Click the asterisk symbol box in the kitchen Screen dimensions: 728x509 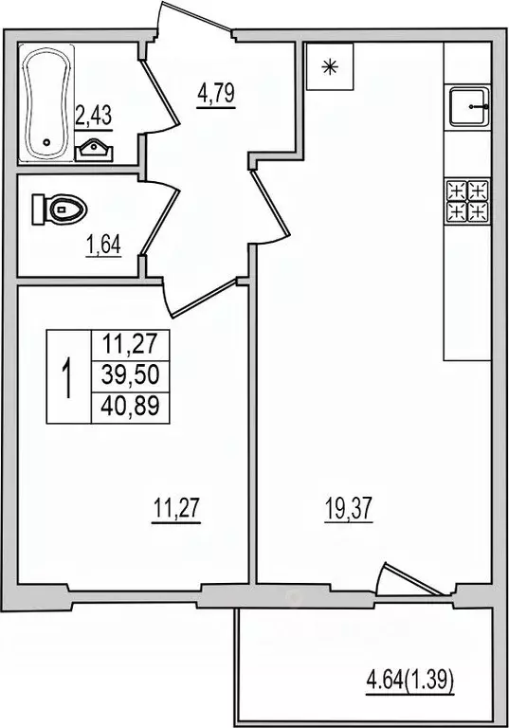[x=330, y=66]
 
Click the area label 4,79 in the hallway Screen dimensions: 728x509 [x=215, y=96]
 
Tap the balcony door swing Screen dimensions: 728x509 [x=403, y=580]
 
